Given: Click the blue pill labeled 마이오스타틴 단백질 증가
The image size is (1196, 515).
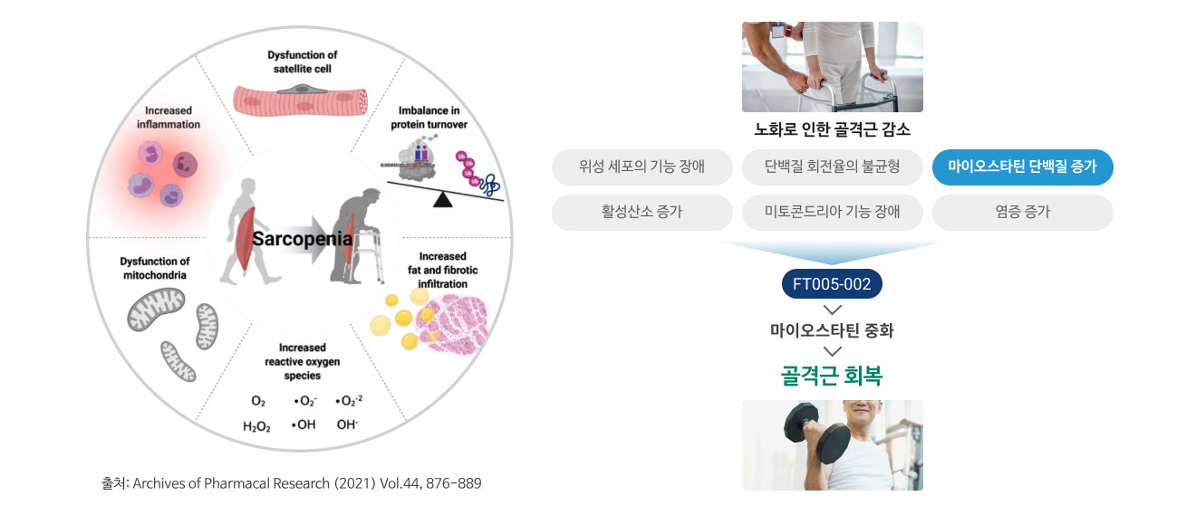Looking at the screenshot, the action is (1022, 167).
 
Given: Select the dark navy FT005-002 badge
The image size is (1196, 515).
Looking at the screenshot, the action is (832, 283).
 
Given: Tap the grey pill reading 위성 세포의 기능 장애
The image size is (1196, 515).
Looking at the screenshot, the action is (641, 167).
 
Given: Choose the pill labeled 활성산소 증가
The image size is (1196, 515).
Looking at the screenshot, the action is (641, 212).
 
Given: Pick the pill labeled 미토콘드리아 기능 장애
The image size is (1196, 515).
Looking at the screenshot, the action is (833, 212).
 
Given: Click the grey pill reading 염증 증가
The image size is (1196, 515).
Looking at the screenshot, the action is (1022, 212).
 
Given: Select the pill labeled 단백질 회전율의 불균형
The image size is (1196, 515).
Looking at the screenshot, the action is (833, 167).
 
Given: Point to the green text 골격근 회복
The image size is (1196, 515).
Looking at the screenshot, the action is (832, 376).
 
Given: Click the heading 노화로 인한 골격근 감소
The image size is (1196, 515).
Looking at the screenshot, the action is (832, 129).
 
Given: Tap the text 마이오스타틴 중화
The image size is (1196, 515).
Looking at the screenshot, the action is (832, 330).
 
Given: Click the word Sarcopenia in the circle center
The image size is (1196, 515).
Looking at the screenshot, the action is (303, 239).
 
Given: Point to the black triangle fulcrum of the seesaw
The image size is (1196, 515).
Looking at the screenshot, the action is (443, 200).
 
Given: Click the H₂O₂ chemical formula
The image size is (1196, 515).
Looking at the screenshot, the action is (256, 426).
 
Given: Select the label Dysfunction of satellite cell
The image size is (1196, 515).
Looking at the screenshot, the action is (303, 62).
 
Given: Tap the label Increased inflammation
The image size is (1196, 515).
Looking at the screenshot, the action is (169, 118).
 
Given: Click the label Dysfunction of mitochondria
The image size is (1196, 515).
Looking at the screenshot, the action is (154, 268).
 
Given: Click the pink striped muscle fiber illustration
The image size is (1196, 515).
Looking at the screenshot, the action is (301, 100).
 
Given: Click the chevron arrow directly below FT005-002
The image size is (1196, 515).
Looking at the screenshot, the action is (833, 310).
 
